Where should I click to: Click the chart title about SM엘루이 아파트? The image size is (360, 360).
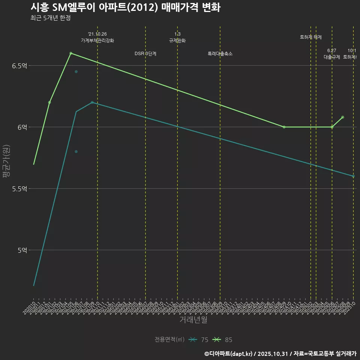coord(125,7)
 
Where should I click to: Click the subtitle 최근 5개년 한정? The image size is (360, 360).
coord(50,18)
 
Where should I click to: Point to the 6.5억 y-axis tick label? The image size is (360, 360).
coord(19,66)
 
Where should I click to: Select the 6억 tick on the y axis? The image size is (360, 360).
coord(22,127)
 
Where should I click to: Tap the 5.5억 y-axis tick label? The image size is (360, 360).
coord(19,189)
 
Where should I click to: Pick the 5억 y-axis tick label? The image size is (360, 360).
coord(22,250)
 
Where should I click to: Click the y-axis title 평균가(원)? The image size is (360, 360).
coord(6,162)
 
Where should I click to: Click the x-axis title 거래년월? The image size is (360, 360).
coord(193,320)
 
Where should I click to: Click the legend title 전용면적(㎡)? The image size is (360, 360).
coord(169,340)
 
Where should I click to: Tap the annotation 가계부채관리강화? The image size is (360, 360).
coord(97,40)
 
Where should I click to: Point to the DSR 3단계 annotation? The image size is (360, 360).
coord(145,54)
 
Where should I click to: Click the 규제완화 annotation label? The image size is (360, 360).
coord(177,40)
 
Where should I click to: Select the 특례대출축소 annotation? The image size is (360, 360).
coord(220,54)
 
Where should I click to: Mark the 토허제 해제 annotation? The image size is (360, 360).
coord(311,37)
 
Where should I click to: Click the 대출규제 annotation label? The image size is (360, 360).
coord(332,57)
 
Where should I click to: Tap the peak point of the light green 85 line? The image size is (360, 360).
coord(71,53)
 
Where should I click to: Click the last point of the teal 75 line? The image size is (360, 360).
coord(353,176)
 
